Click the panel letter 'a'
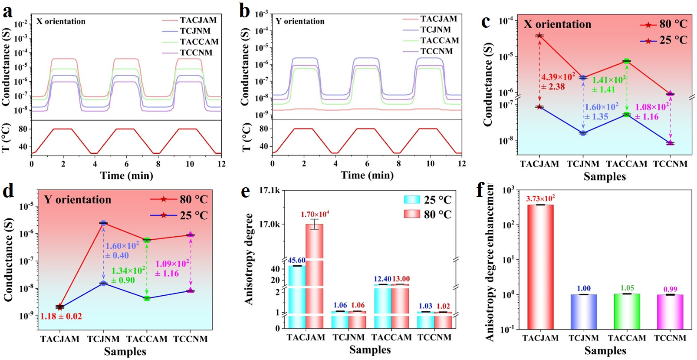(x=7, y=12)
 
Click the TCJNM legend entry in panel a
(x=195, y=31)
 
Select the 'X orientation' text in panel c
(x=557, y=24)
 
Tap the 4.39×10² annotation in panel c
(x=558, y=77)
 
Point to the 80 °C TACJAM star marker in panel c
(x=539, y=36)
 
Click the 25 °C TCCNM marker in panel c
(x=671, y=143)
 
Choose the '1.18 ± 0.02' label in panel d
(x=61, y=316)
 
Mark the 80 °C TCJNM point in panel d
(x=103, y=223)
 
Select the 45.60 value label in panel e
(x=296, y=260)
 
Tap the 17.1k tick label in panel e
(x=270, y=190)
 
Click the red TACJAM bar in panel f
(x=540, y=266)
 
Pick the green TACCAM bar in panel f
(x=627, y=311)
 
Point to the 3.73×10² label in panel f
(x=540, y=198)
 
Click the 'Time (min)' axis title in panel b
(x=367, y=175)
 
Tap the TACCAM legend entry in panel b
(x=439, y=40)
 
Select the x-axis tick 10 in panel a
(x=190, y=164)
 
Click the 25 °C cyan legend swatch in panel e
(x=412, y=199)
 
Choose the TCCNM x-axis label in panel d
(x=191, y=339)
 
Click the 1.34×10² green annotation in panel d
(x=128, y=271)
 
